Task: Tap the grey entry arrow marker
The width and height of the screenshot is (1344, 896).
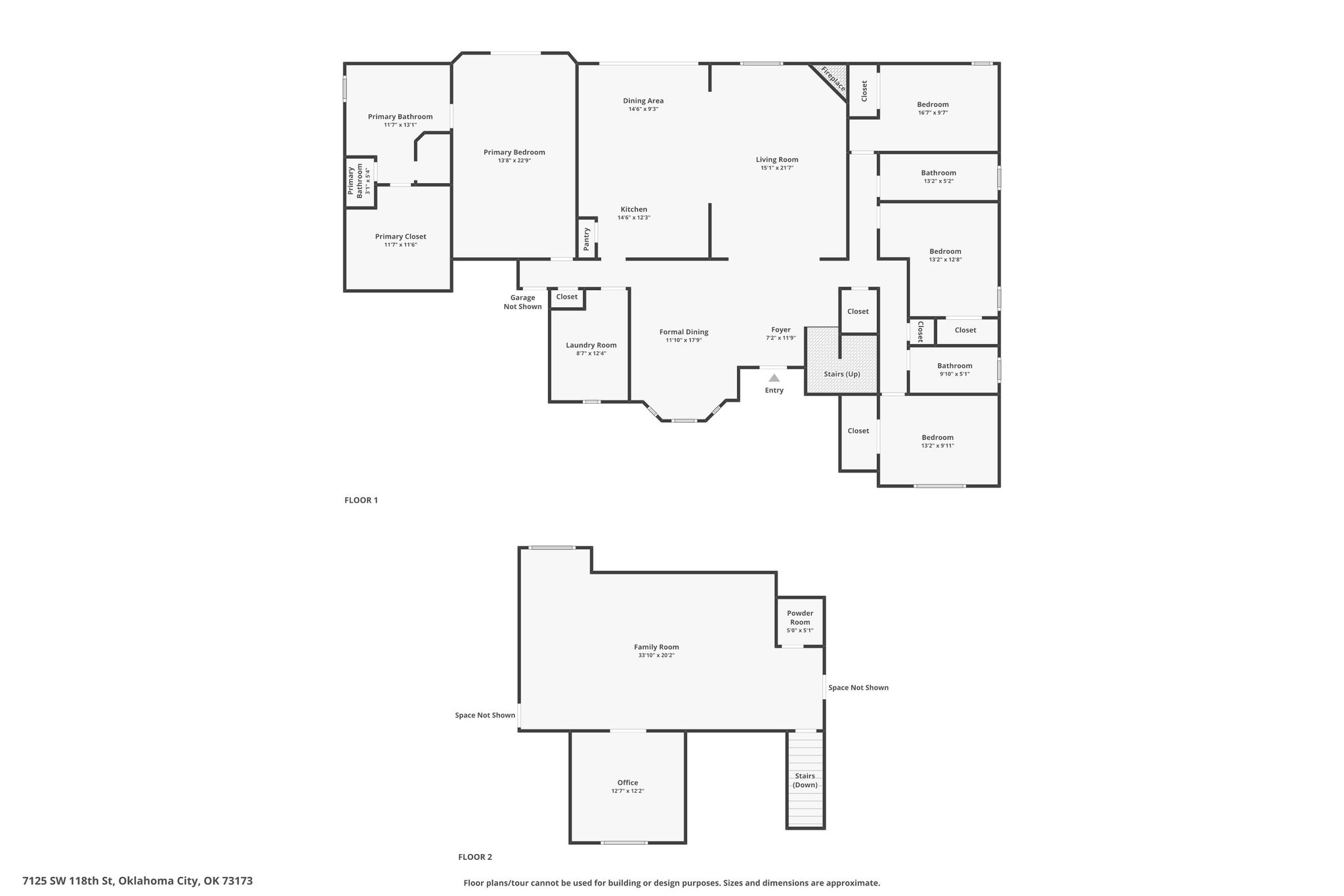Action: tap(774, 377)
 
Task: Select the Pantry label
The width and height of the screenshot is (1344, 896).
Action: tap(587, 239)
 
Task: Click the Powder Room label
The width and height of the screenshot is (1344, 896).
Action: tap(800, 618)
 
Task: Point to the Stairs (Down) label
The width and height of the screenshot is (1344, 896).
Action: tap(805, 780)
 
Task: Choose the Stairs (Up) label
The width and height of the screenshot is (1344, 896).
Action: tap(842, 374)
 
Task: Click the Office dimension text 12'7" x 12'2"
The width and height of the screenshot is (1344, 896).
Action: tap(628, 791)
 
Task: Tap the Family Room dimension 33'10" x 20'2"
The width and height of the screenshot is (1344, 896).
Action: tap(656, 655)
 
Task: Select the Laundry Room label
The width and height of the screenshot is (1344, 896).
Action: tap(591, 345)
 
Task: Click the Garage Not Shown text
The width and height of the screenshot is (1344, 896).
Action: tap(523, 302)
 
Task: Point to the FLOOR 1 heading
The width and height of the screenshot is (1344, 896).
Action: tap(361, 500)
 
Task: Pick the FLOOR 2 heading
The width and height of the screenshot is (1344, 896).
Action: tap(475, 857)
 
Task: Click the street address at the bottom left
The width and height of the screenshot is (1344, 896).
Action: tap(138, 881)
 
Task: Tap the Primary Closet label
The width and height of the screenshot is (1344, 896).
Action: tap(400, 236)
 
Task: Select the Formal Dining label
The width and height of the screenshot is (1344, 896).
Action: tap(684, 332)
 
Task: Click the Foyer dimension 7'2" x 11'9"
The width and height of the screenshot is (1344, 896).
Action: tap(781, 338)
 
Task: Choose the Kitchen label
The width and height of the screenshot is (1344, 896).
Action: tap(634, 209)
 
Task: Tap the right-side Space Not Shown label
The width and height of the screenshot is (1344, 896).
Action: tap(858, 688)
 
